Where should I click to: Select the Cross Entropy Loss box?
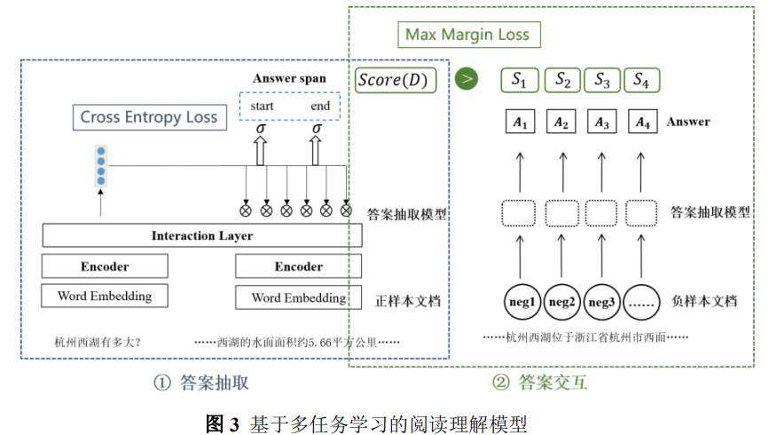click(149, 117)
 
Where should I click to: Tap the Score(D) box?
click(394, 81)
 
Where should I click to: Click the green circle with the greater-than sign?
click(467, 80)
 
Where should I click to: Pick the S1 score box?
click(520, 81)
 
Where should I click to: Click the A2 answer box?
click(562, 123)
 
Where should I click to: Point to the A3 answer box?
click(602, 123)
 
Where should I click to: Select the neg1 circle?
click(521, 301)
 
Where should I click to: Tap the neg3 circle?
click(602, 301)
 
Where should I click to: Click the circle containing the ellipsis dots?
click(643, 301)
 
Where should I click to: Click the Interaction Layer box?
click(202, 235)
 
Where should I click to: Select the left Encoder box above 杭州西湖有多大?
click(105, 266)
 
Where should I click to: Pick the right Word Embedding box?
click(298, 297)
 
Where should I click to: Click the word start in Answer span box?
click(262, 106)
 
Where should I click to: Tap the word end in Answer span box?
click(320, 106)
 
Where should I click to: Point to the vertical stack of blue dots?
click(100, 166)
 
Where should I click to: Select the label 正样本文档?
click(407, 300)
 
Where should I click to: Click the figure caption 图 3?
click(223, 422)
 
